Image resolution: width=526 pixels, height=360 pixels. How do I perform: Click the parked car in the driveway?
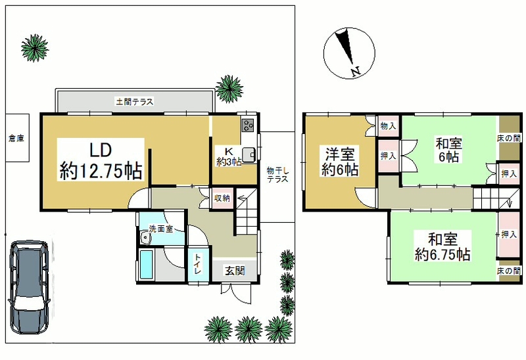[x=29, y=287]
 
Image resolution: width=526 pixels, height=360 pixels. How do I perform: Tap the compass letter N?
[x=356, y=72]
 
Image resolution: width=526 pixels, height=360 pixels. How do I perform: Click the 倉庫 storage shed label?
[x=16, y=138]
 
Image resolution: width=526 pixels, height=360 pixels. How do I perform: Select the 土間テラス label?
[x=135, y=101]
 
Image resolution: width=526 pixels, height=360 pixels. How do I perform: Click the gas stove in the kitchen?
[x=249, y=125]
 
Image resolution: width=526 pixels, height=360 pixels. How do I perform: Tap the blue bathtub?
[x=145, y=265]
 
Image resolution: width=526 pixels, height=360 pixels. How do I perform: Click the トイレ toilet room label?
[x=198, y=264]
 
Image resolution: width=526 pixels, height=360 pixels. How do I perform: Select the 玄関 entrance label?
[x=235, y=271]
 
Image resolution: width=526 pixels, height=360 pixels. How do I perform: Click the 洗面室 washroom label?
[x=160, y=229]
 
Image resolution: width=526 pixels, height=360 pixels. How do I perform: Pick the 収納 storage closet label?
[x=222, y=198]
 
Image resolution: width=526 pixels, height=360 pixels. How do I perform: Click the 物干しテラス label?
[x=277, y=175]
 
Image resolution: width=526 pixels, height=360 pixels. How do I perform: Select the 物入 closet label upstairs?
[x=388, y=126]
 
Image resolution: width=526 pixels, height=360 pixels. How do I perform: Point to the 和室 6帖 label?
[x=449, y=150]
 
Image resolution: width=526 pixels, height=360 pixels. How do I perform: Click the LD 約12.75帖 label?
[x=101, y=160]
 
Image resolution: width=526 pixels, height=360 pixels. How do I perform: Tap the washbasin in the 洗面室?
[x=145, y=238]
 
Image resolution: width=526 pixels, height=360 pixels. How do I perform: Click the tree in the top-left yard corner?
[x=35, y=48]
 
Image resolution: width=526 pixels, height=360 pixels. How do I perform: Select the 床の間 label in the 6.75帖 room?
[x=509, y=271]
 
